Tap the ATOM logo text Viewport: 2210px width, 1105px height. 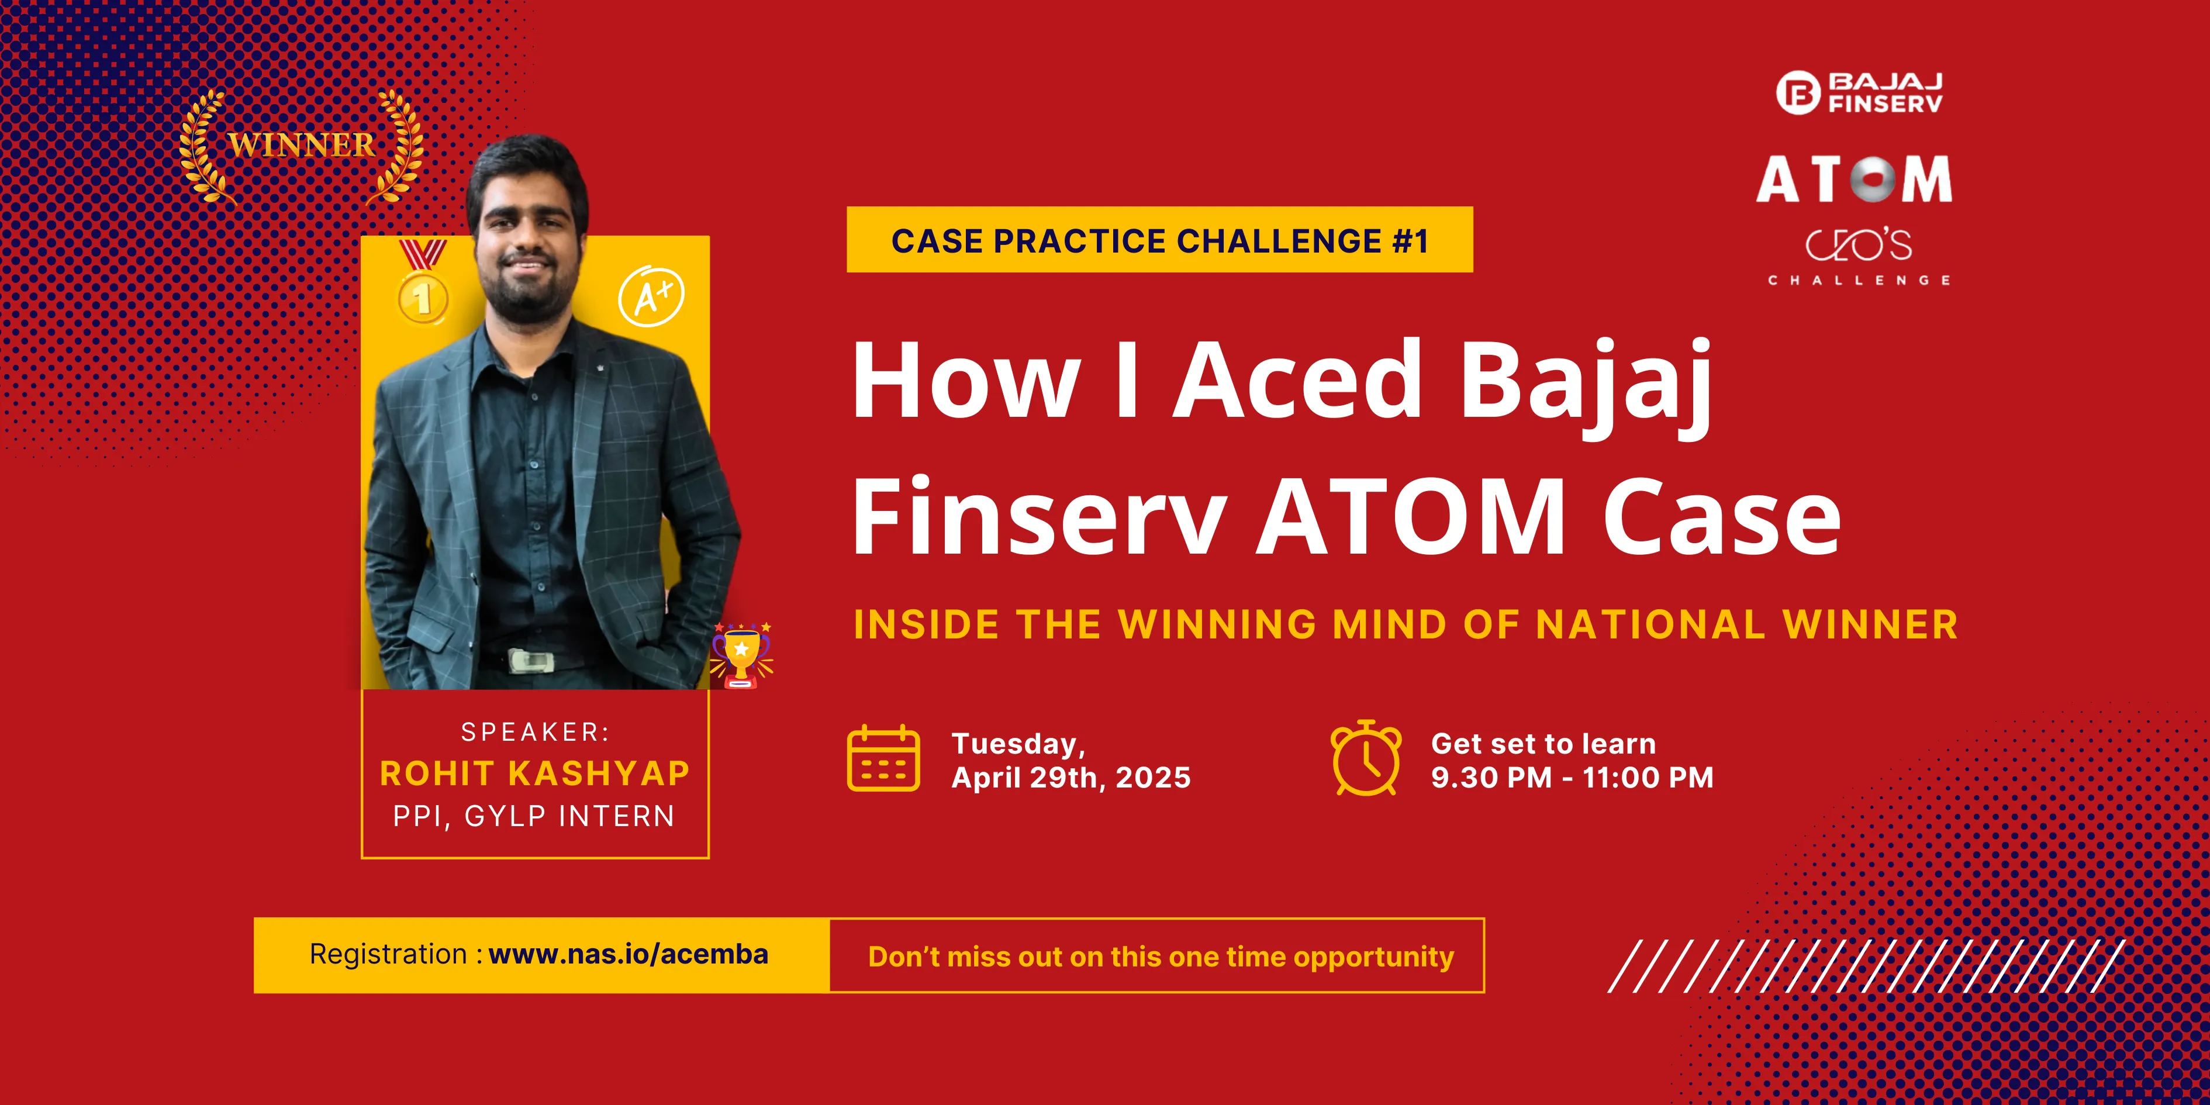click(1854, 179)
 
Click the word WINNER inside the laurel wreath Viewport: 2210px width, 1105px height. click(301, 145)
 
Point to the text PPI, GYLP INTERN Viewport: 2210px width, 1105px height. click(534, 816)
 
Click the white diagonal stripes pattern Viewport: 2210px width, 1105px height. click(1866, 966)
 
